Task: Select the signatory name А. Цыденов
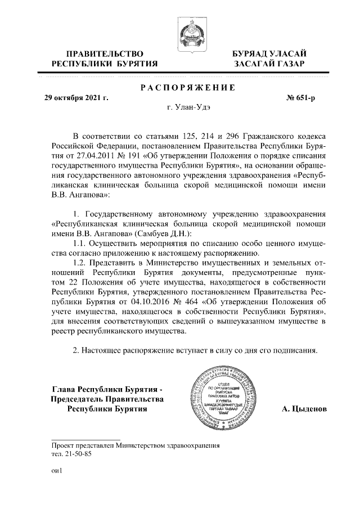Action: (304, 409)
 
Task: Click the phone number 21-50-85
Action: (77, 453)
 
